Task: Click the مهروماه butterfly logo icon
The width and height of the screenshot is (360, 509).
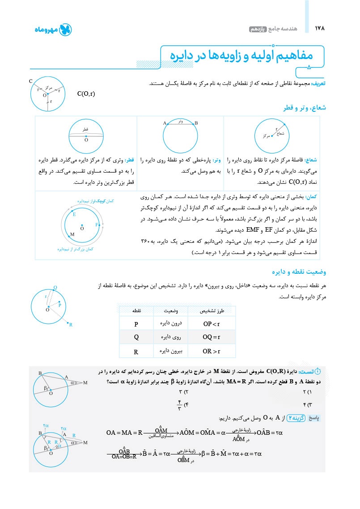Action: click(x=65, y=30)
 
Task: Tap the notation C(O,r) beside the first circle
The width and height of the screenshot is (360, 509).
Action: click(x=86, y=94)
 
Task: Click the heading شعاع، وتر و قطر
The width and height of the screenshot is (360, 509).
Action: click(x=303, y=108)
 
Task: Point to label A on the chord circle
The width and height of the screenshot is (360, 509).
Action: click(x=165, y=123)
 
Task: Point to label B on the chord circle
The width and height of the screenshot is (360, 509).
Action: click(x=196, y=123)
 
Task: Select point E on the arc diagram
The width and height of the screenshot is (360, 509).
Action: click(x=74, y=215)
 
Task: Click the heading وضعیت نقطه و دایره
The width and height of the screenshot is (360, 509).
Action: click(x=299, y=271)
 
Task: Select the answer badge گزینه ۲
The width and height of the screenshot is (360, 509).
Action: click(x=296, y=418)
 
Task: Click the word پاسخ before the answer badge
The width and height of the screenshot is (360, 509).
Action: click(x=316, y=418)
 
